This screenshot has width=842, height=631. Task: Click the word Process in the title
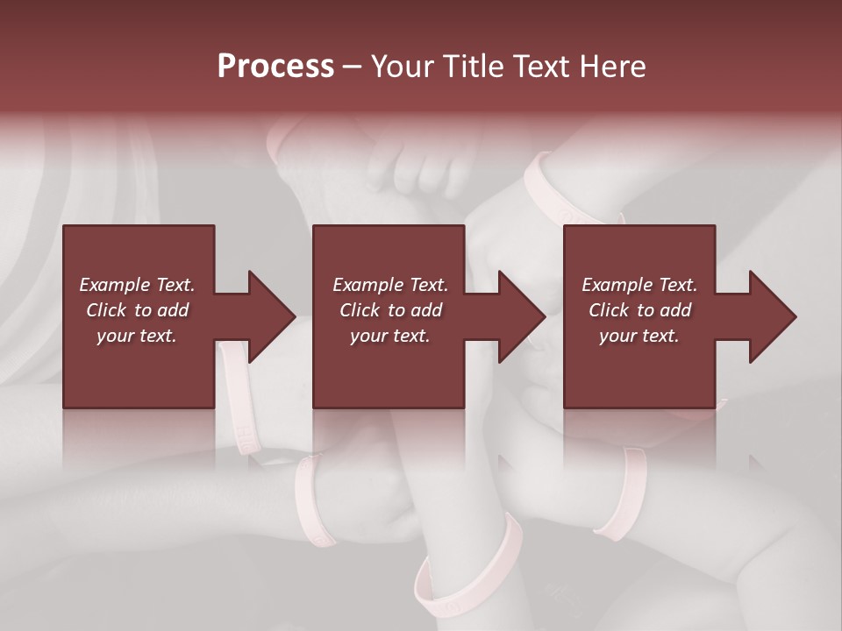pyautogui.click(x=275, y=67)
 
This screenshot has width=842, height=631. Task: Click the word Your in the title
pyautogui.click(x=404, y=67)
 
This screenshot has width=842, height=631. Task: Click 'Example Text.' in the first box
pyautogui.click(x=137, y=285)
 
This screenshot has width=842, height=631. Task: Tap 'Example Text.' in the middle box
pyautogui.click(x=389, y=285)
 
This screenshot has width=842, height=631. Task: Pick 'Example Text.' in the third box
pyautogui.click(x=639, y=285)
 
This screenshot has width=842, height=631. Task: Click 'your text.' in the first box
pyautogui.click(x=137, y=336)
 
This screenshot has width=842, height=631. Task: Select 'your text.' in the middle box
pyautogui.click(x=389, y=336)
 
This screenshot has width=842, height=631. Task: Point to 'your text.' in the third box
pyautogui.click(x=639, y=336)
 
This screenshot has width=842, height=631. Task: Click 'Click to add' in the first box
pyautogui.click(x=137, y=310)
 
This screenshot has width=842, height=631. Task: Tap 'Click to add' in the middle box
pyautogui.click(x=389, y=310)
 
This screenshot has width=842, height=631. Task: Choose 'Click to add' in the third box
pyautogui.click(x=639, y=310)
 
